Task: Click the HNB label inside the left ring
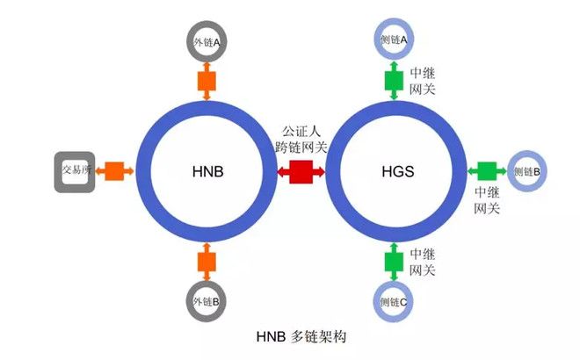click(207, 171)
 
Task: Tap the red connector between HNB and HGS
click(301, 171)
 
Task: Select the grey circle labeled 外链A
click(207, 40)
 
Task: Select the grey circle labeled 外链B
click(207, 301)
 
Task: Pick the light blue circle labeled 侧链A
click(394, 40)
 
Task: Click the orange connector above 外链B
click(207, 260)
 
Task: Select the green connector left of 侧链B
click(484, 171)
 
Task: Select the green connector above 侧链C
click(394, 260)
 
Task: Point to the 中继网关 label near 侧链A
click(423, 81)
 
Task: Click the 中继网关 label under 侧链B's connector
click(487, 200)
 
